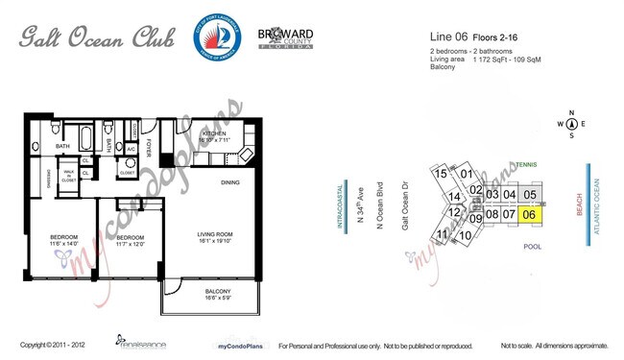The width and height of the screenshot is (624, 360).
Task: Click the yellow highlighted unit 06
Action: [x=529, y=215]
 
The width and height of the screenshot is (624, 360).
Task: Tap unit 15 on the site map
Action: [x=441, y=174]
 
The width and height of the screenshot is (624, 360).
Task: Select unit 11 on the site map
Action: [x=443, y=234]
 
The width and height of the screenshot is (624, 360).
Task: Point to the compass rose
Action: [x=572, y=124]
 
